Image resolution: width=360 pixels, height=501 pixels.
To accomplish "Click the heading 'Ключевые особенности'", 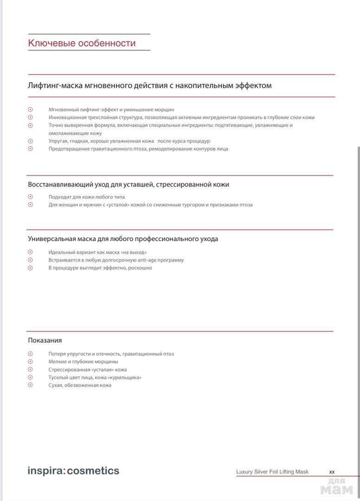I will [82, 43].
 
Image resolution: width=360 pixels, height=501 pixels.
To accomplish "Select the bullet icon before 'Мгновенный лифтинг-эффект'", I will [31, 109].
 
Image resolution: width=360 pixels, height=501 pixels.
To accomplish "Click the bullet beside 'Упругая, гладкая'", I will [31, 141].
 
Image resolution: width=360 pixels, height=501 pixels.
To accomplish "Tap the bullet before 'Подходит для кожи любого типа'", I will [31, 197].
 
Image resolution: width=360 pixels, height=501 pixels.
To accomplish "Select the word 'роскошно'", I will [141, 268].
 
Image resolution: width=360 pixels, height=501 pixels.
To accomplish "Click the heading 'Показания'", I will [45, 340].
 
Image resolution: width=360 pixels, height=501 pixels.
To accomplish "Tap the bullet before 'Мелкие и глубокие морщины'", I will [31, 362].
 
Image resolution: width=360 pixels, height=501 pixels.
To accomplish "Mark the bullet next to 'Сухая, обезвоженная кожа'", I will [31, 385].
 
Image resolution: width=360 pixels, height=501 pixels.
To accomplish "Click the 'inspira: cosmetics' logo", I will [73, 471].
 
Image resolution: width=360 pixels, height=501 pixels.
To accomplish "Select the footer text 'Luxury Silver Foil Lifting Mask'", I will [272, 472].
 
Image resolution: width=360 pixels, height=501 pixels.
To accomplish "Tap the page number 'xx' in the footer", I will [332, 472].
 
